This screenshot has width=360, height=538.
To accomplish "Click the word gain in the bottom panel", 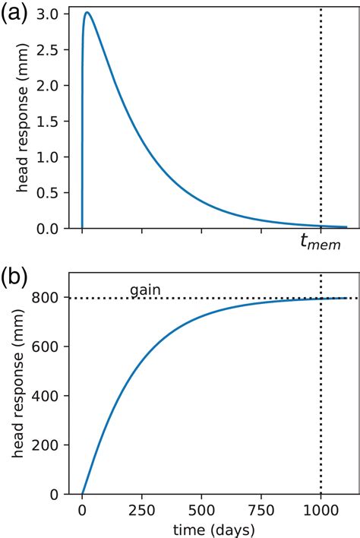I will tap(144, 290).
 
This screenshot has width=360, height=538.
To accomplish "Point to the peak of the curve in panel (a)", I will tap(87, 13).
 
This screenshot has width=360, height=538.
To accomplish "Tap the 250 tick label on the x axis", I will tap(142, 510).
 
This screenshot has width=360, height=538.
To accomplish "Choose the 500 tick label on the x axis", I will tap(201, 510).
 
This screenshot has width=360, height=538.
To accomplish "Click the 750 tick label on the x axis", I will tap(261, 510).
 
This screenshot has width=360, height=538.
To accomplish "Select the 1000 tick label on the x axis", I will tap(321, 510).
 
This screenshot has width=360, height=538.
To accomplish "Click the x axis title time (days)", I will tap(201, 527).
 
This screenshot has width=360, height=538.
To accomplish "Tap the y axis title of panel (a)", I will tap(21, 121).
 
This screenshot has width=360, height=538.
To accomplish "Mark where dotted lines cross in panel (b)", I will tap(321, 298).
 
